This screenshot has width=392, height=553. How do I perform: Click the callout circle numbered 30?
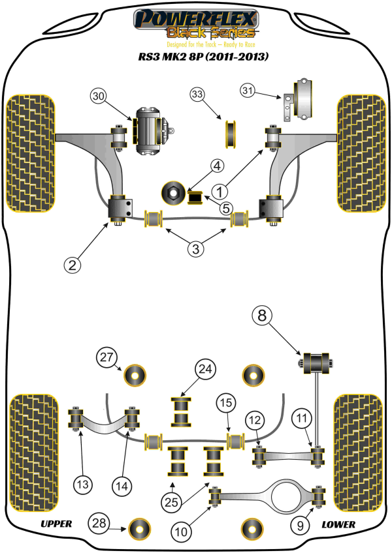pyautogui.click(x=98, y=97)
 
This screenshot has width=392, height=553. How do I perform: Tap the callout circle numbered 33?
pyautogui.click(x=198, y=95)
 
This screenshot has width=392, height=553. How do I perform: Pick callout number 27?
pyautogui.click(x=106, y=357)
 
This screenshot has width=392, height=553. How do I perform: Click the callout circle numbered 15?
pyautogui.click(x=225, y=404)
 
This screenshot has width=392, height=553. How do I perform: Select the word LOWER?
pyautogui.click(x=338, y=524)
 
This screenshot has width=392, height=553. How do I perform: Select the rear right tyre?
pyautogui.click(x=357, y=451)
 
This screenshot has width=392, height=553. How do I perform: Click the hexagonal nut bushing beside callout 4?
pyautogui.click(x=174, y=191)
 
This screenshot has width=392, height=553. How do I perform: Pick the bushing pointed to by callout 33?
pyautogui.click(x=230, y=132)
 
